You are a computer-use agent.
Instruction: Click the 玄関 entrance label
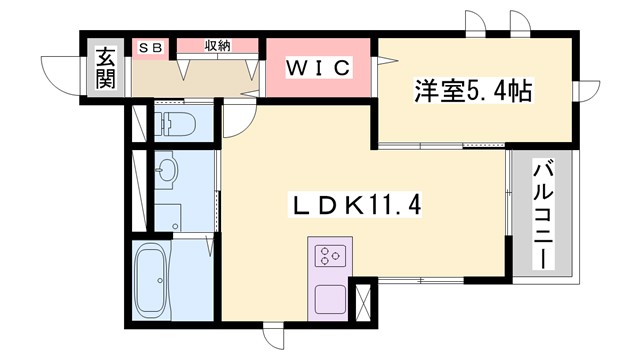click(105, 68)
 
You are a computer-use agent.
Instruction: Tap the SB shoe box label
click(152, 46)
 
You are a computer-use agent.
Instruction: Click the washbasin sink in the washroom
click(166, 171)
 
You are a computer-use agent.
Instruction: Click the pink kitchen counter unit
click(331, 279)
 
